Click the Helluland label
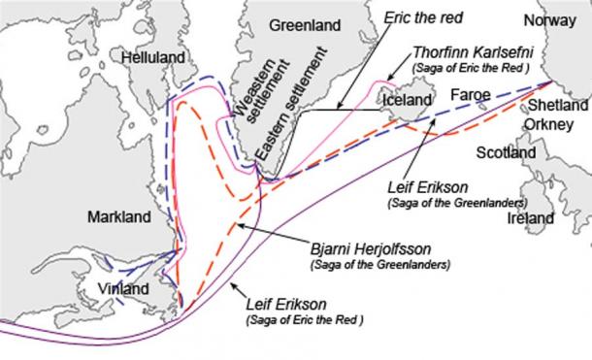point(153,58)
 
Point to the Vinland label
point(123,289)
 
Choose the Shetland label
point(561,105)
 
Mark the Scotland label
point(507,153)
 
